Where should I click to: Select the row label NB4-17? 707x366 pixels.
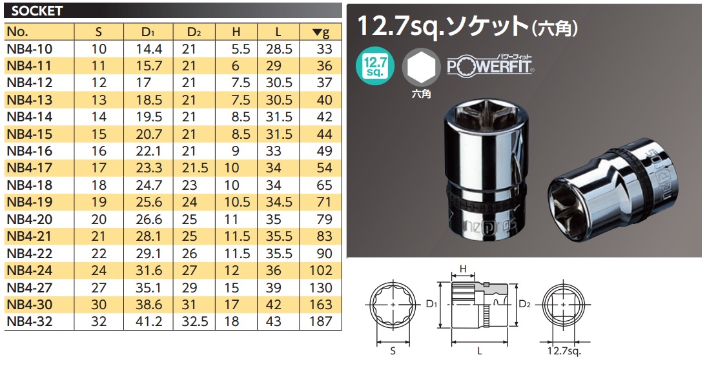tap(30, 168)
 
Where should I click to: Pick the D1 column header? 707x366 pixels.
tap(148, 32)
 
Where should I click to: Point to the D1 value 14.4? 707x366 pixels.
tap(149, 49)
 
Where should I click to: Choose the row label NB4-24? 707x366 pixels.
tap(30, 270)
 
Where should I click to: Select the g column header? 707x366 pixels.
tap(321, 32)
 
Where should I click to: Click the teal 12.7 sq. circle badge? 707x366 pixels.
tap(374, 67)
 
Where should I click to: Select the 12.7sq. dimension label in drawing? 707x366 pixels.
tap(565, 352)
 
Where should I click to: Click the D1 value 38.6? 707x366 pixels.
tap(149, 304)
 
